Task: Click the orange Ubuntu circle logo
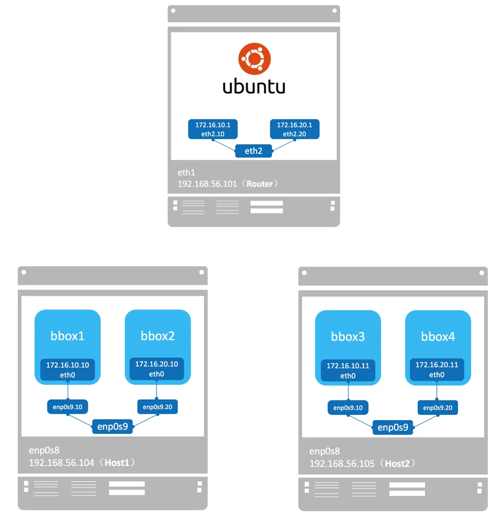pyautogui.click(x=254, y=59)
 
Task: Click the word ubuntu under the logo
pyautogui.click(x=254, y=86)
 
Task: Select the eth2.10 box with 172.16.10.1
pyautogui.click(x=213, y=129)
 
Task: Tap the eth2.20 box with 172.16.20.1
pyautogui.click(x=294, y=129)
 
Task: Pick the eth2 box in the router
pyautogui.click(x=254, y=151)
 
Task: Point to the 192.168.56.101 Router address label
pyautogui.click(x=228, y=184)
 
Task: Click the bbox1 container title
pyautogui.click(x=67, y=335)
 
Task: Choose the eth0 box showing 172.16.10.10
pyautogui.click(x=67, y=370)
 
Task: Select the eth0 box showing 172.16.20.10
pyautogui.click(x=157, y=369)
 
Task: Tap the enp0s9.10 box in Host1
pyautogui.click(x=67, y=407)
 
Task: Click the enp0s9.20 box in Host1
pyautogui.click(x=158, y=407)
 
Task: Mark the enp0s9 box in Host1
pyautogui.click(x=112, y=426)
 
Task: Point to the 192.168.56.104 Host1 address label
pyautogui.click(x=82, y=462)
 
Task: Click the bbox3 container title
pyautogui.click(x=348, y=336)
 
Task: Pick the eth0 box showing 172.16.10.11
pyautogui.click(x=348, y=371)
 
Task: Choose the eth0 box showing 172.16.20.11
pyautogui.click(x=437, y=370)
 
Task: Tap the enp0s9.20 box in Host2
pyautogui.click(x=438, y=408)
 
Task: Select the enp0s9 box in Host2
pyautogui.click(x=393, y=427)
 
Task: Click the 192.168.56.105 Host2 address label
pyautogui.click(x=362, y=463)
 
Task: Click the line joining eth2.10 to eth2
pyautogui.click(x=224, y=145)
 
